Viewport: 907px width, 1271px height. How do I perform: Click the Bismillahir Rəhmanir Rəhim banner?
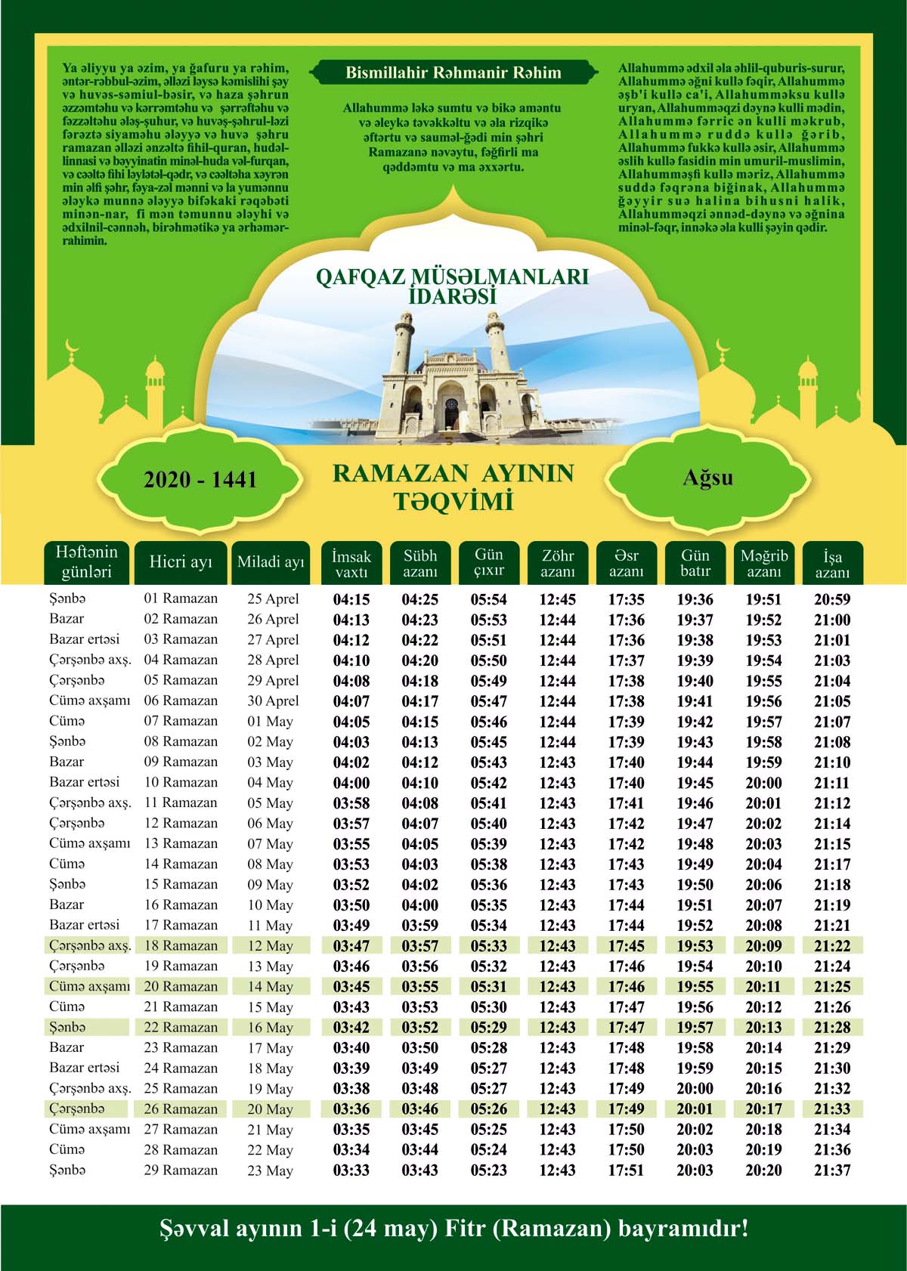point(453,73)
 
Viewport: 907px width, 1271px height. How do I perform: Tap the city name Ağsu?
point(707,478)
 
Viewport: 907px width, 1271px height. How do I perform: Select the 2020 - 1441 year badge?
point(200,480)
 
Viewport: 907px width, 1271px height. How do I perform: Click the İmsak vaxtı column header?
point(351,564)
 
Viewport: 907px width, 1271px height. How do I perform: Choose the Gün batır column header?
point(695,564)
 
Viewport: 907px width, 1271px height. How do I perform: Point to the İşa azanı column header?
point(832,564)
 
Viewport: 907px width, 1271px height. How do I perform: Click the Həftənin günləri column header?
point(86,564)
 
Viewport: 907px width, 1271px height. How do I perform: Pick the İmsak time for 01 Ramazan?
point(351,600)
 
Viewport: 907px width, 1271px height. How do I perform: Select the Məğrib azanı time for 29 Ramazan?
point(763,1170)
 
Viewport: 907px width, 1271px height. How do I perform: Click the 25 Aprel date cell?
point(273,599)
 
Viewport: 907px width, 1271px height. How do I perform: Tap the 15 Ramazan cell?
point(181,884)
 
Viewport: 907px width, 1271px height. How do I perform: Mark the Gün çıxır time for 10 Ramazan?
point(489,783)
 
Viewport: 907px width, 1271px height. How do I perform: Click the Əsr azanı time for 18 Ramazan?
point(627,946)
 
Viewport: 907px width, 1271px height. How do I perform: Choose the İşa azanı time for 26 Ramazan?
point(832,1109)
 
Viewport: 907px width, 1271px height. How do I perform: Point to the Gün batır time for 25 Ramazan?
point(695,1089)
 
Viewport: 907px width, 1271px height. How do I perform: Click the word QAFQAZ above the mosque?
point(354,277)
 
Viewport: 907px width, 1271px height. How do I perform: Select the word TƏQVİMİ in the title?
point(453,501)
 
